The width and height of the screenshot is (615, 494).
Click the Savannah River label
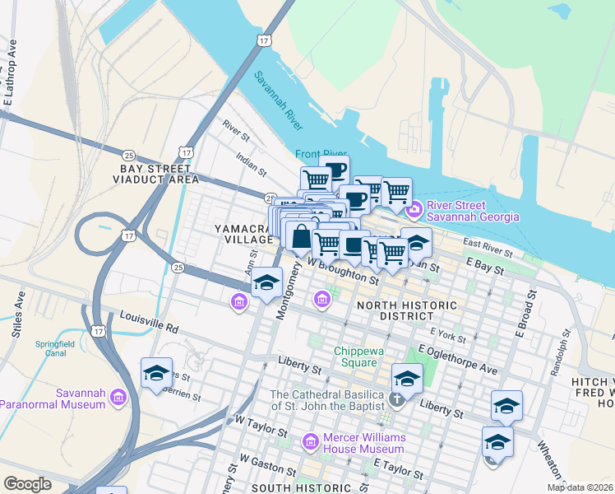[x=278, y=101]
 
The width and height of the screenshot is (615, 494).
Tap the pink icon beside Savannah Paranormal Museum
[x=118, y=398]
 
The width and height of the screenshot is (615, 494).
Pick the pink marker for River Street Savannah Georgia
[x=414, y=211]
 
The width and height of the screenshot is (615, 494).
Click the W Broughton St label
[x=343, y=273]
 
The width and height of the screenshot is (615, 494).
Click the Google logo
[x=27, y=484]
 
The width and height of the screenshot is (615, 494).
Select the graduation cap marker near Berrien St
[x=156, y=374]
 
